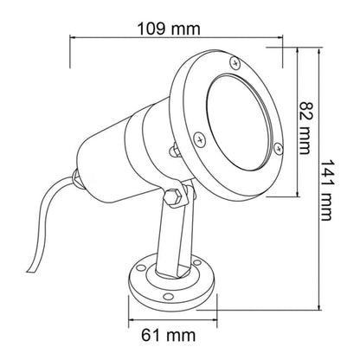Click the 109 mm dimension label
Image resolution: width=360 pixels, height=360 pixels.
(169, 29)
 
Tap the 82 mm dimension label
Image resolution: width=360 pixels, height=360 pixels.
(305, 128)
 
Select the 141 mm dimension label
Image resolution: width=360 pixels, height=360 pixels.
(327, 190)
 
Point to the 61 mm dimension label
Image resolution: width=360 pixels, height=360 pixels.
(169, 335)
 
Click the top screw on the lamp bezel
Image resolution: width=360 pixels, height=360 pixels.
(235, 62)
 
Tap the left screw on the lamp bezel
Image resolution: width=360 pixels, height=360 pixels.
(199, 139)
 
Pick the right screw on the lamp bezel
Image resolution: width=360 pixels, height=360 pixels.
(279, 149)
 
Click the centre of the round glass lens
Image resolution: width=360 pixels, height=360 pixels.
(240, 122)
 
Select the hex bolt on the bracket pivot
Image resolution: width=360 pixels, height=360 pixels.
(174, 197)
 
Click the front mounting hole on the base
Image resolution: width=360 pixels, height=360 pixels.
(168, 297)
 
